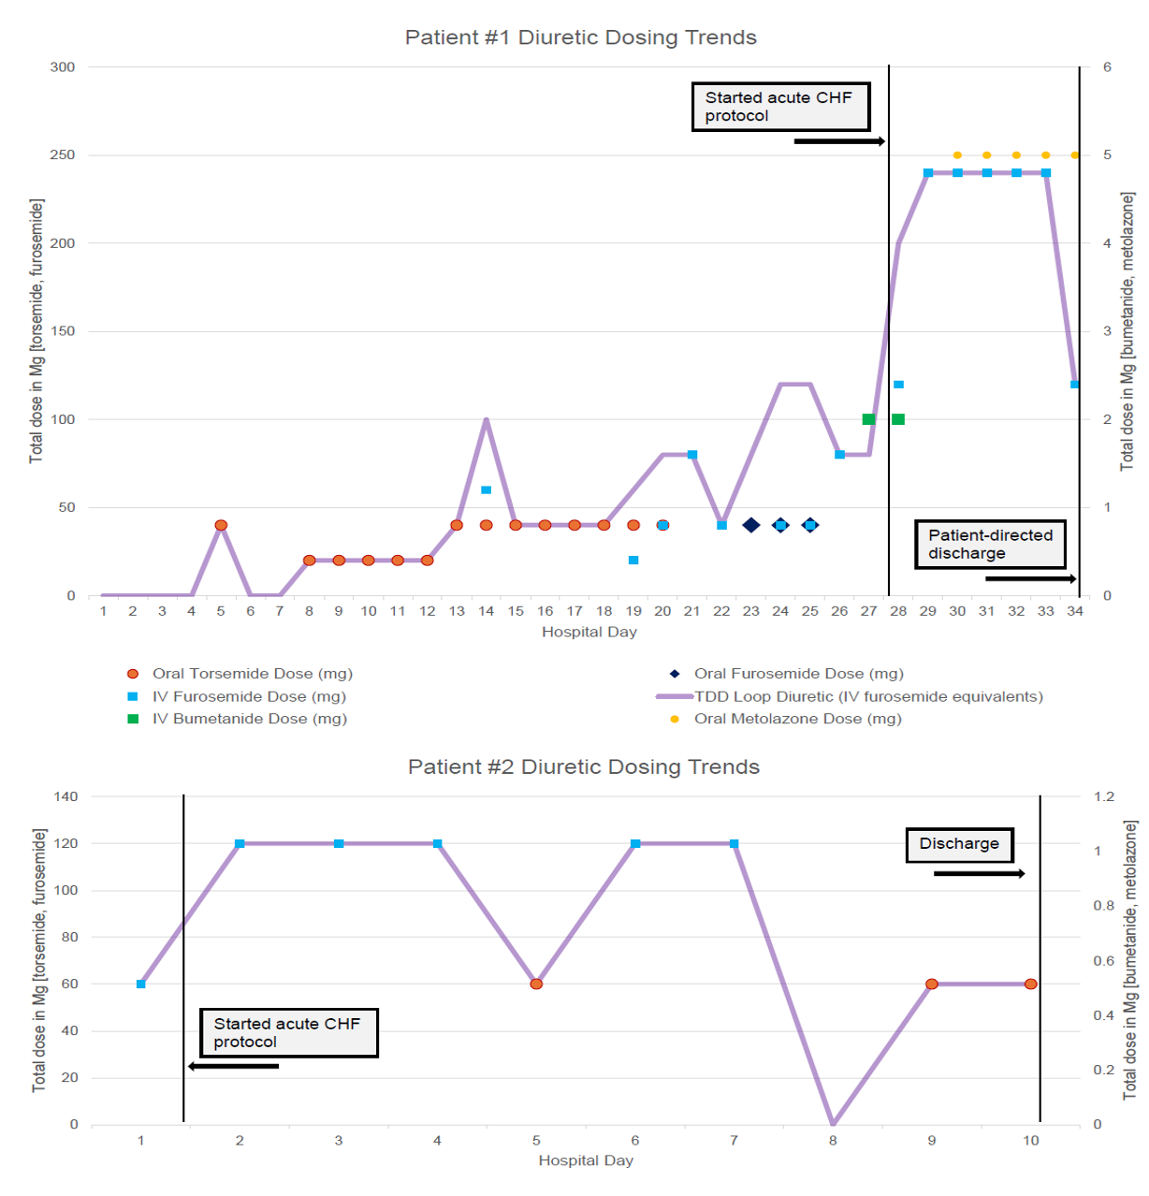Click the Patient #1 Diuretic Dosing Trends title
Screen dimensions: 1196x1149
tap(580, 37)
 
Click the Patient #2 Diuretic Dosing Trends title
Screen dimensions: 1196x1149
tap(583, 766)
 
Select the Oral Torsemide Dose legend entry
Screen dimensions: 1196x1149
tap(252, 674)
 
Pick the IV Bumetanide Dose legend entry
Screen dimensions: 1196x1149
tap(249, 719)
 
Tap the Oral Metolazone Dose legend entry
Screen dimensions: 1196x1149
tap(797, 719)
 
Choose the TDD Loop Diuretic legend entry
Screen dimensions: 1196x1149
tap(867, 696)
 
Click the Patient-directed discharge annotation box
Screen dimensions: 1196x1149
tap(990, 544)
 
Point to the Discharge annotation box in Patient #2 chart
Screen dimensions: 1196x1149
tap(959, 844)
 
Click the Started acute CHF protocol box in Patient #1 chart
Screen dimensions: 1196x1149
tap(780, 107)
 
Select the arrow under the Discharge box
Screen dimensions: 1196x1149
tap(979, 873)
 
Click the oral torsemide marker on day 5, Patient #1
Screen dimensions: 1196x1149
tap(221, 525)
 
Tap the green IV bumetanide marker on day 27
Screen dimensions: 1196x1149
tap(868, 419)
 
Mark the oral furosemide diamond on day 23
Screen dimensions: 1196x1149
tap(750, 525)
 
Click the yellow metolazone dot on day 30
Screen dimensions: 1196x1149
tap(957, 155)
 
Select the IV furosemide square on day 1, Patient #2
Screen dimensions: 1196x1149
tap(141, 984)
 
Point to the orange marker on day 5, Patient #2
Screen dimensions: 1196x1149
tap(536, 984)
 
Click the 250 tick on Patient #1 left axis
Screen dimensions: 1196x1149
tap(63, 154)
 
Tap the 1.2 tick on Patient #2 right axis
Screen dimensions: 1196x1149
tap(1104, 796)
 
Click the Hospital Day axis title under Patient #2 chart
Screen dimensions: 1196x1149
tap(586, 1160)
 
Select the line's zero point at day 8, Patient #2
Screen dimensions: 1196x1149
tap(833, 1123)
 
